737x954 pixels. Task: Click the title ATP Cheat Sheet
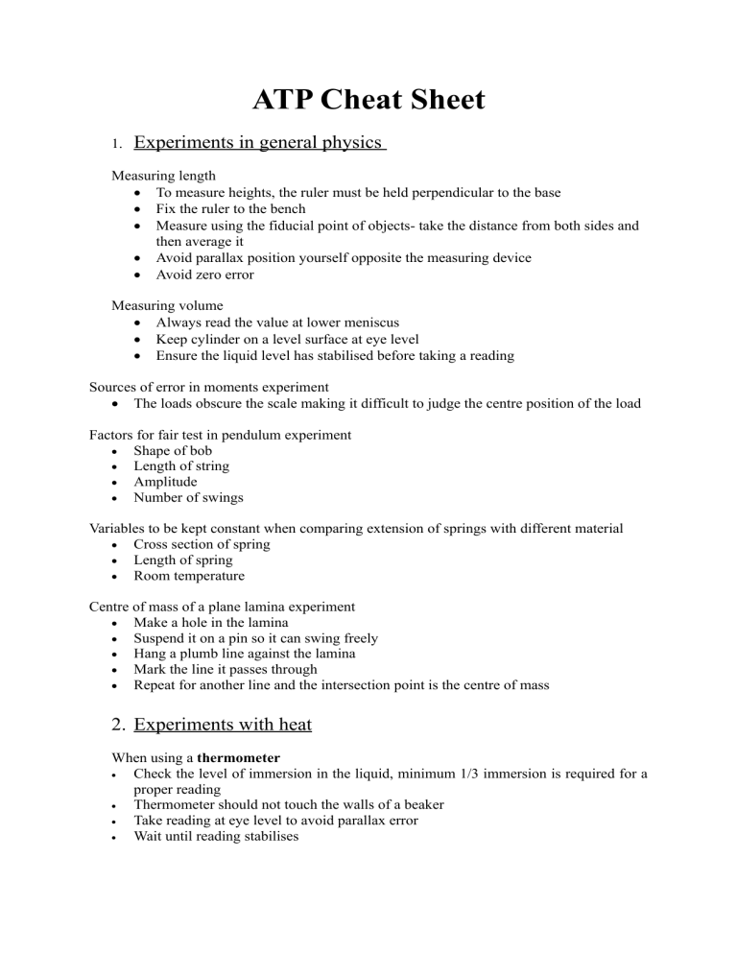pyautogui.click(x=368, y=99)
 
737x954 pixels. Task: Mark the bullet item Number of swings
pyautogui.click(x=189, y=497)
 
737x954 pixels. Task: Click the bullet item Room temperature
pyautogui.click(x=189, y=576)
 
